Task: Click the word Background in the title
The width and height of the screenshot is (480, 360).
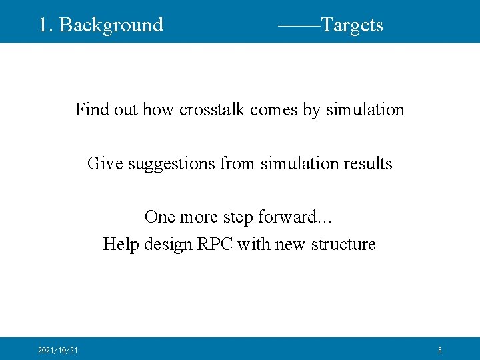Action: click(111, 25)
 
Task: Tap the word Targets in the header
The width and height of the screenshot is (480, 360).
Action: click(352, 25)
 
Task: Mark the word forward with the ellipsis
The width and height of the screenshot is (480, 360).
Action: click(305, 217)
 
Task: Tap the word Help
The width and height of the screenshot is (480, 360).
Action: click(119, 245)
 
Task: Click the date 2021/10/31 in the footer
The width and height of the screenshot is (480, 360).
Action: click(58, 350)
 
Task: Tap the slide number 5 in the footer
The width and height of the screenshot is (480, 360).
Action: click(440, 350)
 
